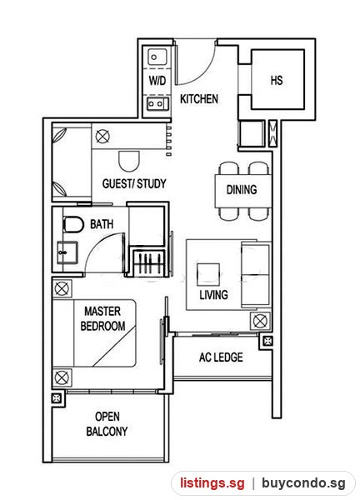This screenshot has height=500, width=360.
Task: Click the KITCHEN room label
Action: tap(199, 99)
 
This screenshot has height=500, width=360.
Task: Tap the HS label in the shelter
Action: tap(277, 80)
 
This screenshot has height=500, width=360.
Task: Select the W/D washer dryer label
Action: tap(157, 80)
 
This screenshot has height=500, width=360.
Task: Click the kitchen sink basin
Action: tap(157, 57)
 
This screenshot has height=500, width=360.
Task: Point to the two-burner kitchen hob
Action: tap(157, 103)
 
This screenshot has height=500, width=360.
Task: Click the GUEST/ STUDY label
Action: tap(134, 183)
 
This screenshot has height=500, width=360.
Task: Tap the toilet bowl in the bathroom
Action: tap(73, 224)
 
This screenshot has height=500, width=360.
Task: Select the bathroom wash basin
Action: tap(67, 252)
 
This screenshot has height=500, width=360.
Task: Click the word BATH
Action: tap(102, 224)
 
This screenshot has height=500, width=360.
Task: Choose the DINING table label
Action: tap(242, 190)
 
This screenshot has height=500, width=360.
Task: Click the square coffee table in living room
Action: tap(207, 274)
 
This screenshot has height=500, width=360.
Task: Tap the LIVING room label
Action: tap(213, 295)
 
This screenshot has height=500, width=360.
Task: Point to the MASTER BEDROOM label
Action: tap(102, 318)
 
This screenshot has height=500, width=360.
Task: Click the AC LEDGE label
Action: tap(221, 357)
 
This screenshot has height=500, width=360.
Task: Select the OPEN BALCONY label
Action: tap(107, 424)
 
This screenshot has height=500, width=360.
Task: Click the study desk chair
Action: tap(129, 161)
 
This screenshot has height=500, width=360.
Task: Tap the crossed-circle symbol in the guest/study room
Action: tap(102, 137)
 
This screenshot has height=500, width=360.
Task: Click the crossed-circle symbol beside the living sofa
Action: tap(260, 321)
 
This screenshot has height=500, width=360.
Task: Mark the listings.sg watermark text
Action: tap(212, 482)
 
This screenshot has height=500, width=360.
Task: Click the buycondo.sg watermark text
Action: tap(303, 482)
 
